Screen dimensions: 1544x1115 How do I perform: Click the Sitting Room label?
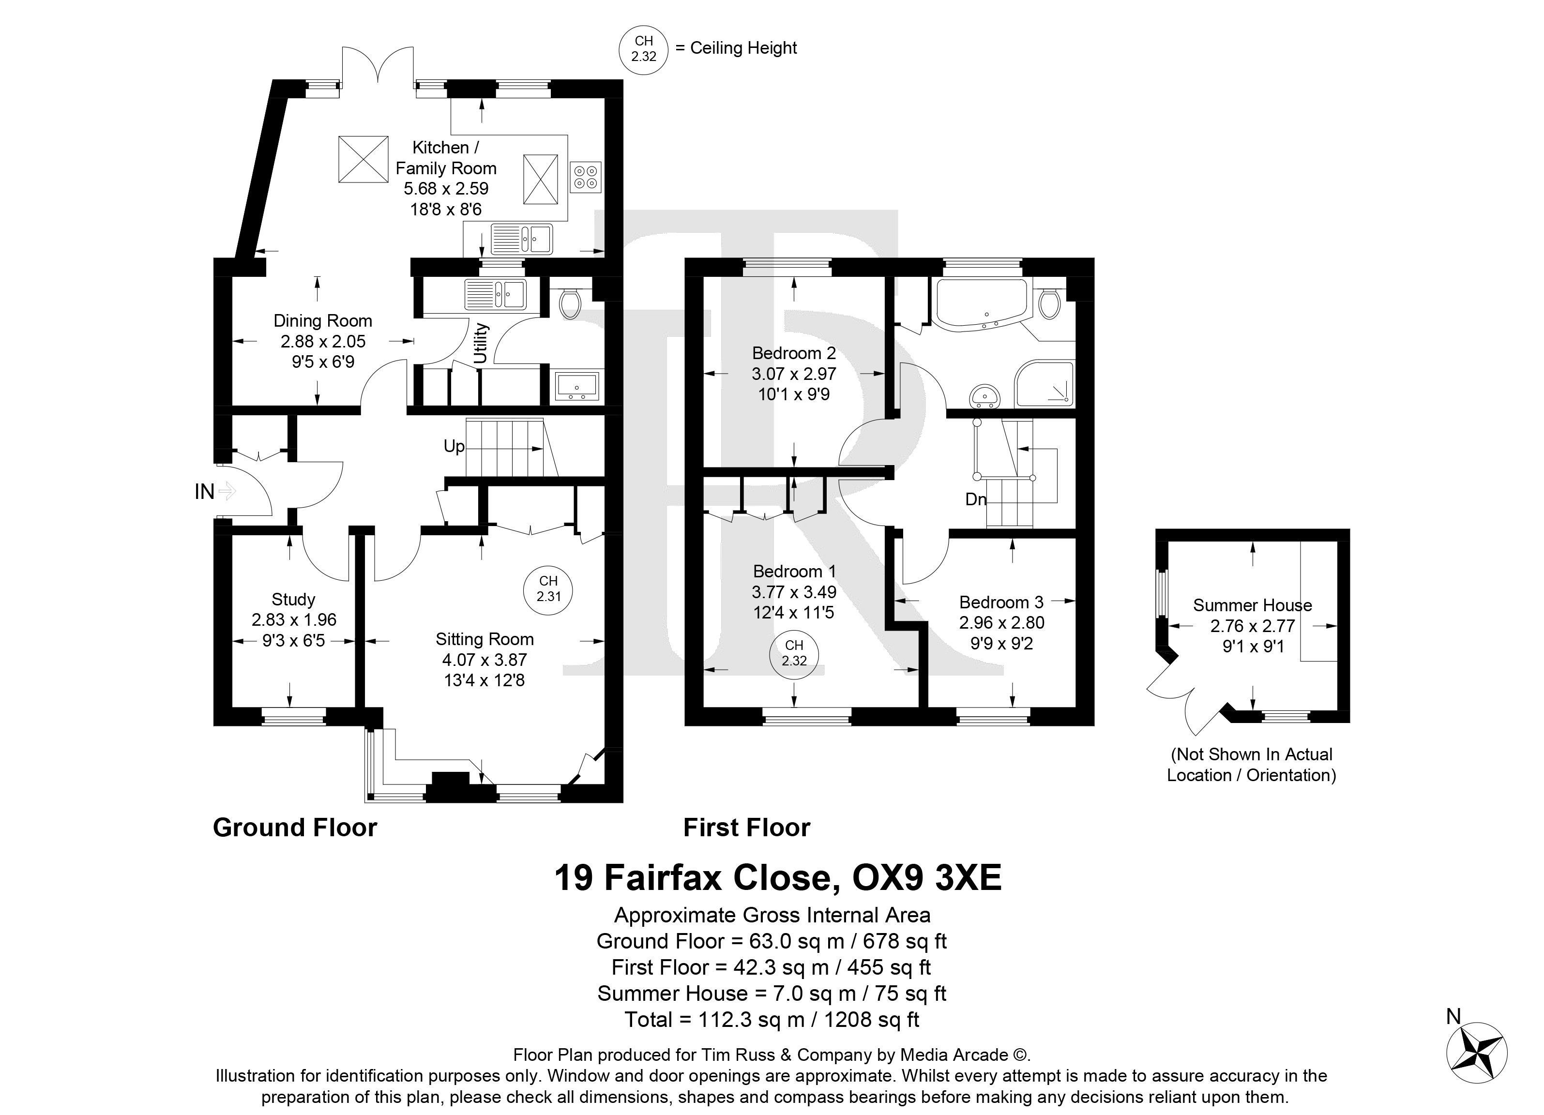(x=484, y=639)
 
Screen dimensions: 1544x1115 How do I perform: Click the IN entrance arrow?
(x=227, y=491)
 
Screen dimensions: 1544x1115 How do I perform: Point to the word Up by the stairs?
(x=454, y=446)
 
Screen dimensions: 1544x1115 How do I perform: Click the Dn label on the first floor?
(x=976, y=499)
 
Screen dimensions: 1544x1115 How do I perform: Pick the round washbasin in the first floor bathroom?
(x=984, y=395)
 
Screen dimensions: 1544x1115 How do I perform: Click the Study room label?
(x=293, y=599)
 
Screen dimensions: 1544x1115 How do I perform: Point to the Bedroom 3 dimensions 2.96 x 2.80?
(x=1001, y=622)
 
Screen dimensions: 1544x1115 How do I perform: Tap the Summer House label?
(x=1253, y=605)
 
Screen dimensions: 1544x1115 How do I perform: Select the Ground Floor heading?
(x=295, y=828)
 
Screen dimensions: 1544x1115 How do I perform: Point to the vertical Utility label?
(x=481, y=343)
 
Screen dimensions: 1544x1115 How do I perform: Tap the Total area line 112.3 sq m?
(x=772, y=1019)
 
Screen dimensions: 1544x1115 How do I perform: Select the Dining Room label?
(x=323, y=321)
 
